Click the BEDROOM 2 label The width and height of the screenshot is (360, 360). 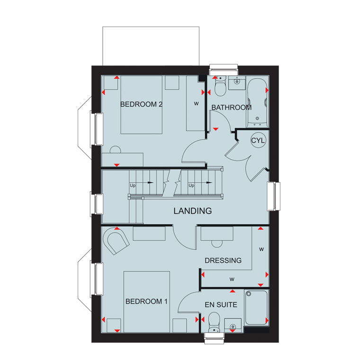tap(141, 104)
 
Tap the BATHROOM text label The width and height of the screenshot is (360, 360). tap(232, 108)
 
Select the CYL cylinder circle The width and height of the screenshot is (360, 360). tap(258, 140)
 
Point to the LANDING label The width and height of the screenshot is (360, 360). tap(193, 211)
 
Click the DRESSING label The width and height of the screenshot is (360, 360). tap(223, 261)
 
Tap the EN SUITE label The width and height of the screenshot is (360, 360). tap(221, 305)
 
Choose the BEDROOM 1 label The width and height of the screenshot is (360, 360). tap(146, 301)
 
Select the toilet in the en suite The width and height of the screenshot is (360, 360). tap(214, 322)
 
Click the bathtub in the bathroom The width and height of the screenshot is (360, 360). tap(257, 103)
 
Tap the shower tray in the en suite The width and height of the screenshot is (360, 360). tap(256, 307)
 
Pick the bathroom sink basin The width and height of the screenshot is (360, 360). tap(237, 81)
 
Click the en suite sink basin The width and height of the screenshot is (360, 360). tap(233, 325)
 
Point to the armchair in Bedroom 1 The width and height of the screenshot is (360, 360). tap(116, 241)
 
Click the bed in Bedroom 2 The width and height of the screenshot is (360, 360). tap(142, 105)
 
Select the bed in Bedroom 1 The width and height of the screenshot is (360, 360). tap(147, 302)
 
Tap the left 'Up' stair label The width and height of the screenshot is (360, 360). tap(133, 185)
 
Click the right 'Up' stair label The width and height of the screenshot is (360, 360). tap(191, 185)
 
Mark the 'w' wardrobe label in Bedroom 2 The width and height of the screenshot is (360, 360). tap(196, 104)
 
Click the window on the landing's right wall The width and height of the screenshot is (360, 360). tap(273, 196)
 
